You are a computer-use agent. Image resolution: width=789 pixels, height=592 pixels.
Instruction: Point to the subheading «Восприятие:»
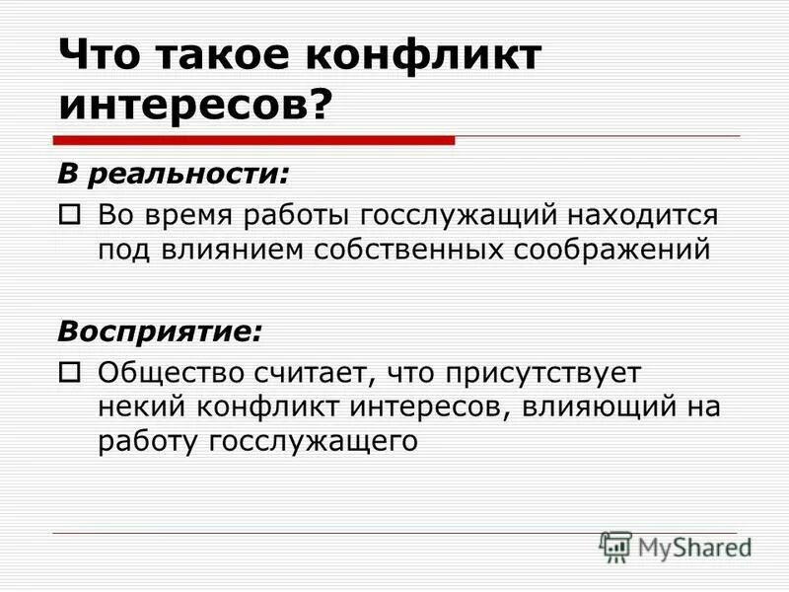click(x=160, y=332)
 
